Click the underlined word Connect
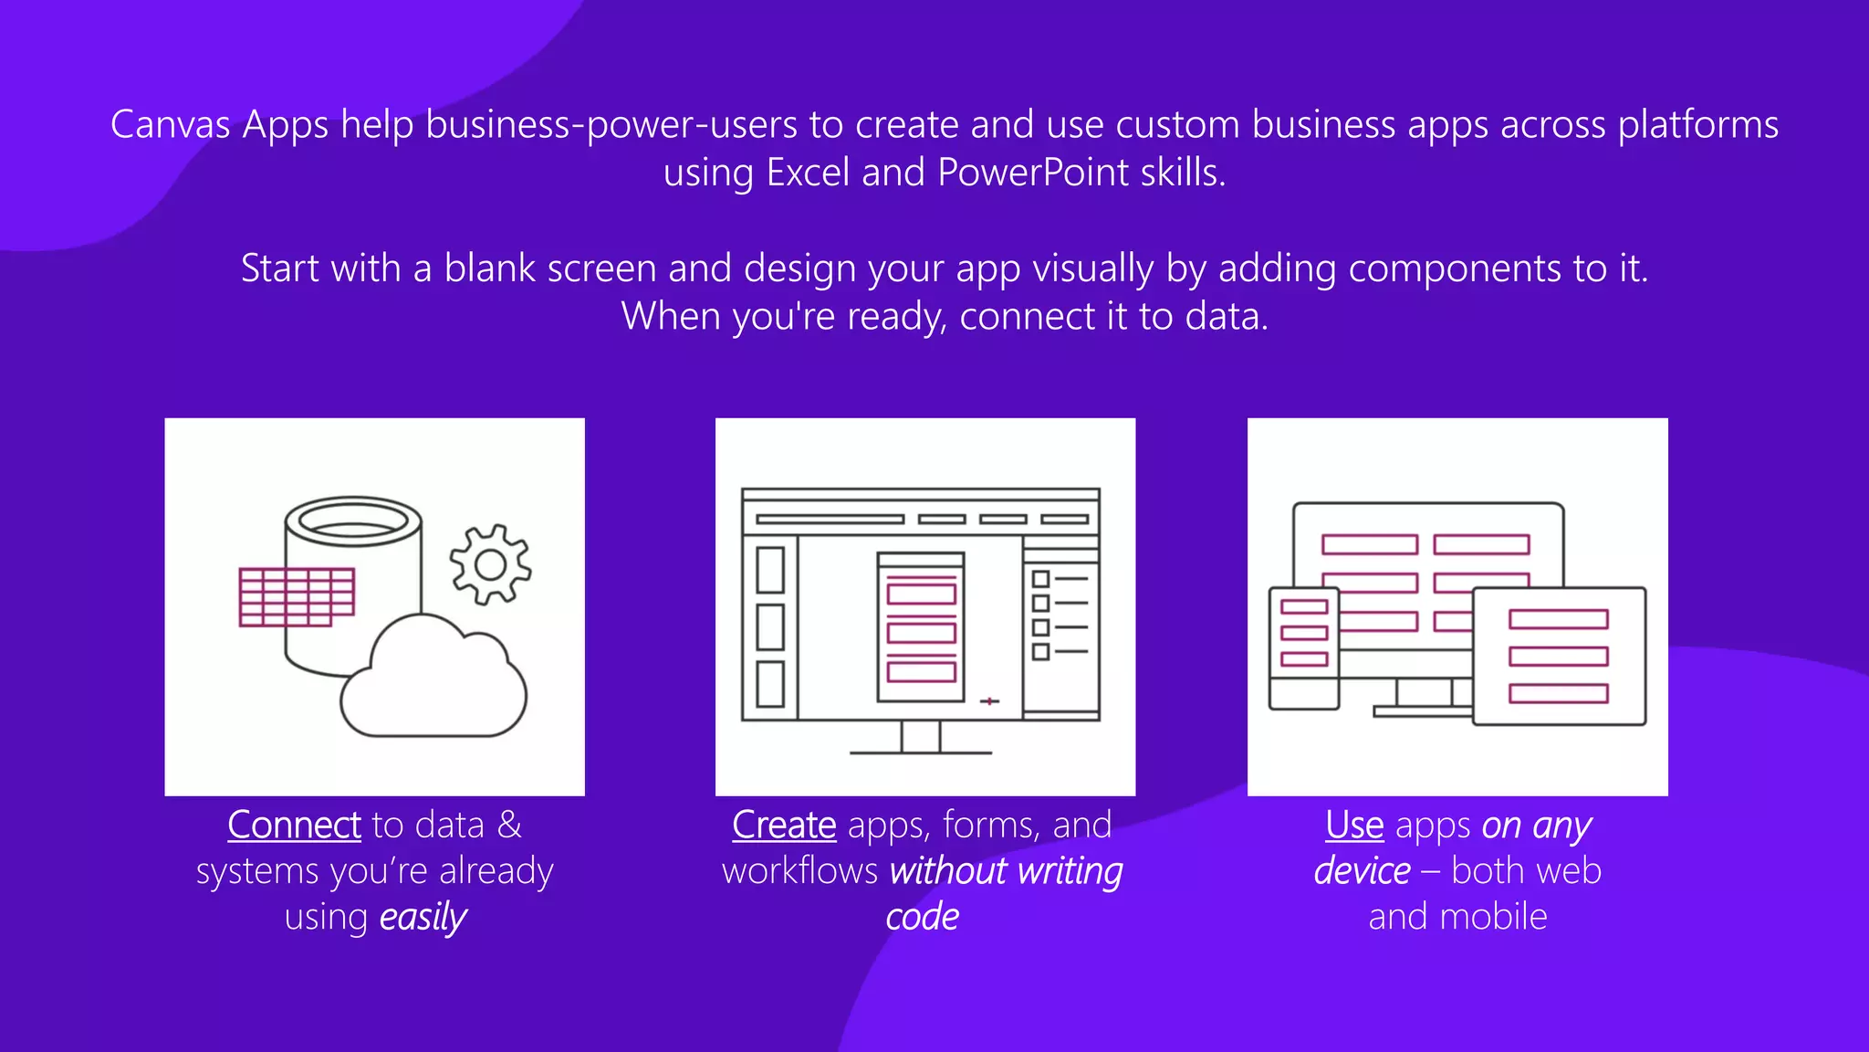[294, 826]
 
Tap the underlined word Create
[784, 826]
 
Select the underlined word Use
[1354, 826]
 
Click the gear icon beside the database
[490, 564]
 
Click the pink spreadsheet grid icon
[297, 597]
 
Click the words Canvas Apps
[219, 125]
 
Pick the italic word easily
[423, 917]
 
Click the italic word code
[922, 917]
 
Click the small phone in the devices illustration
[1303, 647]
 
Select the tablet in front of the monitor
[1559, 657]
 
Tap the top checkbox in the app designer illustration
[1040, 579]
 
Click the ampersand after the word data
[509, 826]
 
